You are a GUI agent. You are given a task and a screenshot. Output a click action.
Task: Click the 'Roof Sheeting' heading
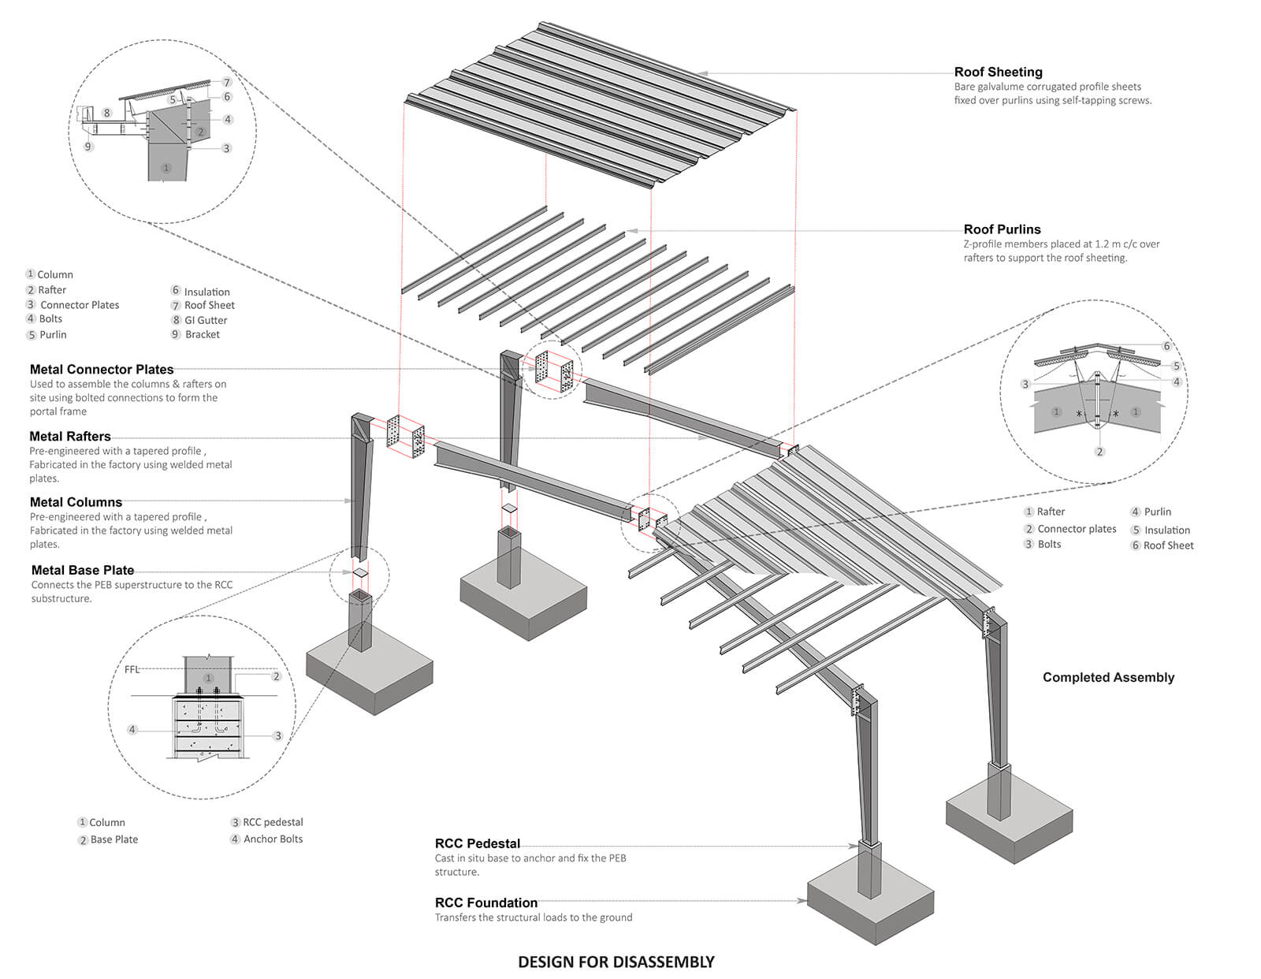tap(998, 72)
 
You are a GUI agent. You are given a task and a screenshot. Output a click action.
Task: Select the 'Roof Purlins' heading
tap(1002, 229)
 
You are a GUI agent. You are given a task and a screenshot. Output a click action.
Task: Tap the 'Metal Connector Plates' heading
tap(102, 369)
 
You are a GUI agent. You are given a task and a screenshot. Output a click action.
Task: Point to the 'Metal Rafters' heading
tap(70, 436)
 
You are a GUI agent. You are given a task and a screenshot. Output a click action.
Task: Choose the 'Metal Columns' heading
tap(76, 502)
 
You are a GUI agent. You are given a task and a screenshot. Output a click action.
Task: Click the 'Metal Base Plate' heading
tap(83, 570)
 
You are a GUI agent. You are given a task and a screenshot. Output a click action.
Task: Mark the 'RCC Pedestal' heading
tap(478, 843)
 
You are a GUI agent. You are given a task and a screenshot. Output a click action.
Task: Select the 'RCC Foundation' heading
tap(486, 903)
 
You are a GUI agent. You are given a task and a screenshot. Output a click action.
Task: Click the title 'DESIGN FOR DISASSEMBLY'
tap(616, 962)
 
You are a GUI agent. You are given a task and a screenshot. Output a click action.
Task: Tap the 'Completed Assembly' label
tap(1108, 677)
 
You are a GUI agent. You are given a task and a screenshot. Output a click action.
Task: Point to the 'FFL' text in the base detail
tap(132, 670)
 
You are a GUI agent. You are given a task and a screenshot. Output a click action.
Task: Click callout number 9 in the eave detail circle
tap(88, 147)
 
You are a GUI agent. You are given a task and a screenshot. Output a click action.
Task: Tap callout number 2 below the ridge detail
tap(1099, 452)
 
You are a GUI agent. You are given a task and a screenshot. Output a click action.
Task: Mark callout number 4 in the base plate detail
tap(132, 729)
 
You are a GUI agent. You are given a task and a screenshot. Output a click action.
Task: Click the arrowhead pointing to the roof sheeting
tap(702, 73)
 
